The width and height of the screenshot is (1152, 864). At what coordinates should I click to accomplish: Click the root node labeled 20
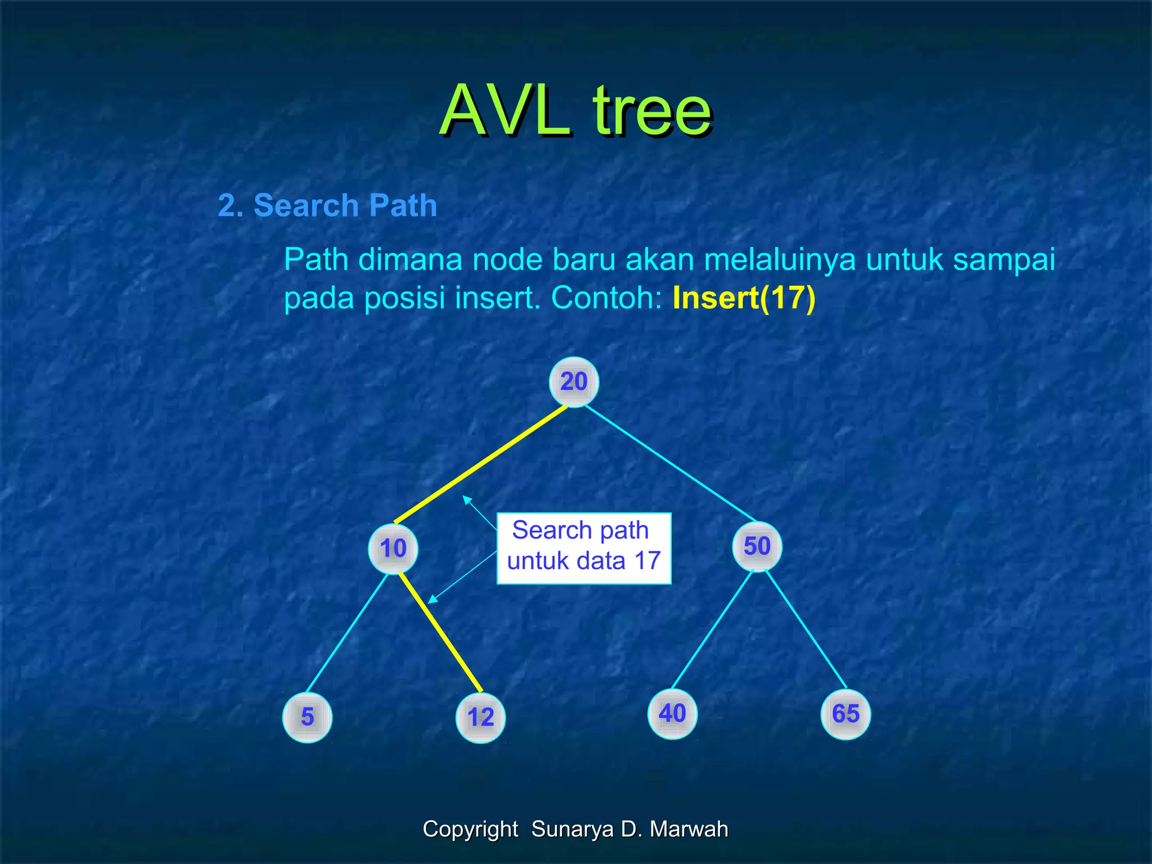tap(574, 382)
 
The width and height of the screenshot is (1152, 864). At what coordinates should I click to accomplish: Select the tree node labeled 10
tap(393, 548)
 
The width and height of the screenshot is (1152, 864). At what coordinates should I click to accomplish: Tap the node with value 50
tap(757, 546)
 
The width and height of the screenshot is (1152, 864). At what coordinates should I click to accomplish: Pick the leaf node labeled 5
tap(307, 717)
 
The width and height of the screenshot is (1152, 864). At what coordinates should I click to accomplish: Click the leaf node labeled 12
tap(480, 717)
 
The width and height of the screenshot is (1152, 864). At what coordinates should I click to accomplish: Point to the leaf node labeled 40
tap(672, 714)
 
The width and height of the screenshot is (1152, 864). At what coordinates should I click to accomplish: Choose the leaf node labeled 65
tap(845, 714)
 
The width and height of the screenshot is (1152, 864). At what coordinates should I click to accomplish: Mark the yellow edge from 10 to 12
tap(440, 632)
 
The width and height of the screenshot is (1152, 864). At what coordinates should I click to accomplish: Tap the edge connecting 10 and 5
tap(347, 632)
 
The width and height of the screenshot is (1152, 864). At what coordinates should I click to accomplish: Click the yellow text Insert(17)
tap(744, 298)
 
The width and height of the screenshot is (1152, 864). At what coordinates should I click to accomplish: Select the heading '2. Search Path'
tap(327, 205)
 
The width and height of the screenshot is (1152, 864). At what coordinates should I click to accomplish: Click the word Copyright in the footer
tap(470, 829)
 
